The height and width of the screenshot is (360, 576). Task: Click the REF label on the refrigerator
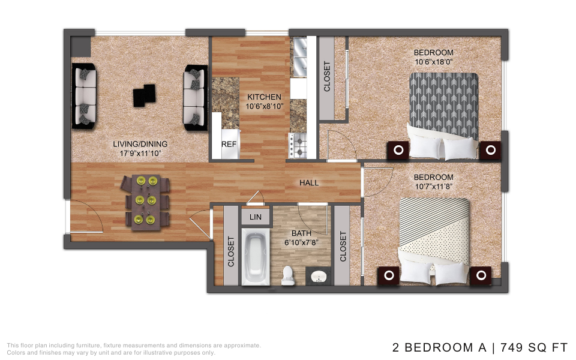[x=229, y=145]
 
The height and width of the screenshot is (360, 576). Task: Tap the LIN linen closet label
[x=256, y=217]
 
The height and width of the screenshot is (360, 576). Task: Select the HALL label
[x=309, y=183]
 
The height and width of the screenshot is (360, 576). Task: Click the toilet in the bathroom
[x=288, y=275]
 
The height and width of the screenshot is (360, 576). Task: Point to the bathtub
[x=256, y=257]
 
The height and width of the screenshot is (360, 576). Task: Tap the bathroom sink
[x=318, y=277]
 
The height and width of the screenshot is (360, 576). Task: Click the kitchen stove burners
[x=298, y=145]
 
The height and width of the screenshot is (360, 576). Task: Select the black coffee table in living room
[x=144, y=95]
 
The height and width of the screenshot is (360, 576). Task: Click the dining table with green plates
[x=146, y=202]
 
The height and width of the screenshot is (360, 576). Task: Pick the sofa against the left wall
[x=84, y=96]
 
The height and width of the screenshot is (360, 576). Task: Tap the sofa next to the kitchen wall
[x=196, y=98]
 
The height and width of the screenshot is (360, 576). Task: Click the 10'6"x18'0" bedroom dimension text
[x=433, y=62]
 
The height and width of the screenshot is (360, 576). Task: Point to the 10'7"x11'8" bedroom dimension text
[x=433, y=187]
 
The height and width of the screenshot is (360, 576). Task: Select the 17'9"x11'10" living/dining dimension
[x=140, y=154]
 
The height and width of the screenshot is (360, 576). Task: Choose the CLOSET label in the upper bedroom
[x=326, y=76]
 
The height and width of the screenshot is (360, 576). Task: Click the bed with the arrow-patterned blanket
[x=444, y=116]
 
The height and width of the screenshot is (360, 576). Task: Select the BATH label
[x=301, y=233]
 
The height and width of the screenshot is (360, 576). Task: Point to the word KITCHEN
[x=264, y=97]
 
